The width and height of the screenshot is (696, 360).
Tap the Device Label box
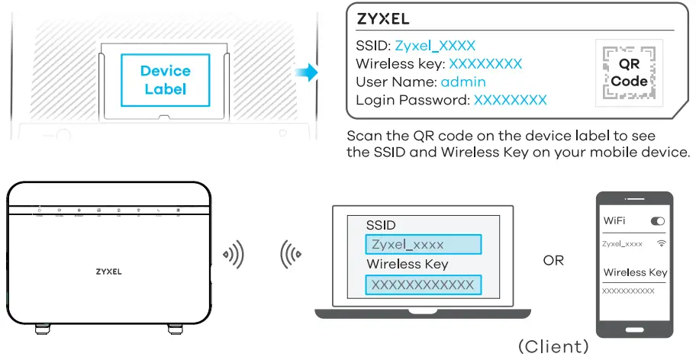[x=165, y=79]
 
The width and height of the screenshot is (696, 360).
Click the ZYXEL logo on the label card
[x=382, y=19]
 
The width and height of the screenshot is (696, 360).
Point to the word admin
[x=463, y=82]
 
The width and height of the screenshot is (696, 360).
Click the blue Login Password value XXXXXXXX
[x=511, y=100]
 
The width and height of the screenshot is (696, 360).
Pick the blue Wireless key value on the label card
[x=485, y=64]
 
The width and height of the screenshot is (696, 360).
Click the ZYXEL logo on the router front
[x=108, y=271]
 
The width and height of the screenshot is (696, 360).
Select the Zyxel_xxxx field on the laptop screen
[x=424, y=245]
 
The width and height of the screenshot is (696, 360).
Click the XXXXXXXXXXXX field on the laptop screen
[x=424, y=285]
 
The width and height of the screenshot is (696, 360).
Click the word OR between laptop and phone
[x=553, y=261]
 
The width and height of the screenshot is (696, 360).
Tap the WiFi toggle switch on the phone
[x=657, y=221]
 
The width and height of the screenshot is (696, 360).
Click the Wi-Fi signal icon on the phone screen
[x=660, y=243]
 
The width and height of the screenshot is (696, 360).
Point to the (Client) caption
[x=553, y=346]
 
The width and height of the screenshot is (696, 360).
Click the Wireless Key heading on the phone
[x=635, y=272]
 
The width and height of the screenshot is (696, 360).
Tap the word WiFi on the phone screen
[x=615, y=221]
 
